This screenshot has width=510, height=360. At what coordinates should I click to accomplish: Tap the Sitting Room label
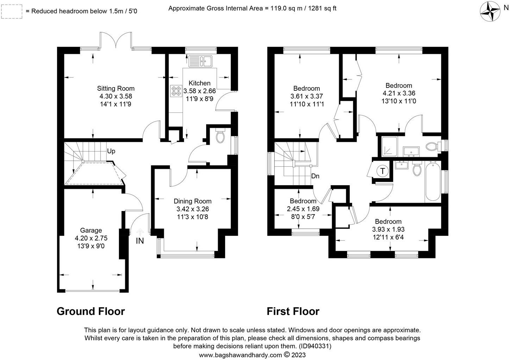pyautogui.click(x=116, y=88)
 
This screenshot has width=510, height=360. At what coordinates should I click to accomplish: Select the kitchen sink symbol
pyautogui.click(x=200, y=61)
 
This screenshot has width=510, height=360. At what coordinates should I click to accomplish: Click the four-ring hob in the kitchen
pyautogui.click(x=176, y=91)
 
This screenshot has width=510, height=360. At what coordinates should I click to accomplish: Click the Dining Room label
pyautogui.click(x=192, y=201)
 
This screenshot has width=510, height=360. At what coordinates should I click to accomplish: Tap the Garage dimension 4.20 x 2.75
pyautogui.click(x=91, y=238)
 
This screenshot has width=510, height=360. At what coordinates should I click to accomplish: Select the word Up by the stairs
pyautogui.click(x=111, y=151)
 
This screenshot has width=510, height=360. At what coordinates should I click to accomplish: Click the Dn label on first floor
pyautogui.click(x=315, y=176)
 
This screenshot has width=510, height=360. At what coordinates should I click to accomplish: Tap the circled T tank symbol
pyautogui.click(x=382, y=171)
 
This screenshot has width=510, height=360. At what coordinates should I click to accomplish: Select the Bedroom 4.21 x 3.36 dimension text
pyautogui.click(x=399, y=94)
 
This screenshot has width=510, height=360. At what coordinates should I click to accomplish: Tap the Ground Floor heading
pyautogui.click(x=91, y=311)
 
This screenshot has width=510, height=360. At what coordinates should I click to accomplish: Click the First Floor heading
pyautogui.click(x=293, y=311)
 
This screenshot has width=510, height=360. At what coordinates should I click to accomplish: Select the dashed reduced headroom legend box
pyautogui.click(x=12, y=11)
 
